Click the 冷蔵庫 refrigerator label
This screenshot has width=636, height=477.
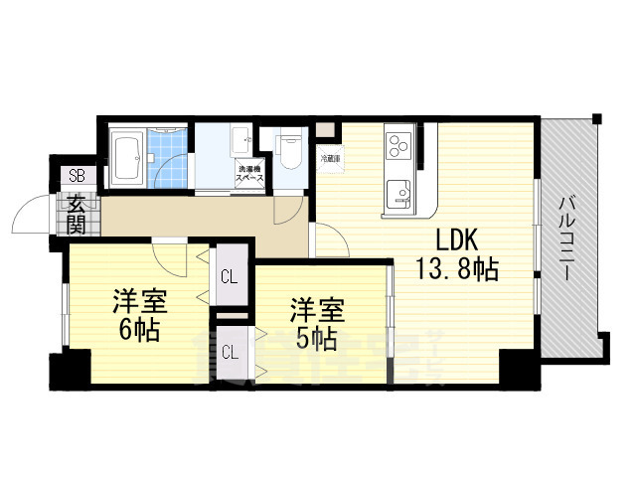330,158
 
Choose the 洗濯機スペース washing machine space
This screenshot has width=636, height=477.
249,174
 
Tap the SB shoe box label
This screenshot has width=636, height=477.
77,176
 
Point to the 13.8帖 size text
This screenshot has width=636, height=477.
457,268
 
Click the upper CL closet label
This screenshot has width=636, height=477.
229,276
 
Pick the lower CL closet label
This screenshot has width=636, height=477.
229,351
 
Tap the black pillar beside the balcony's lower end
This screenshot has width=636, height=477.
518,370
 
